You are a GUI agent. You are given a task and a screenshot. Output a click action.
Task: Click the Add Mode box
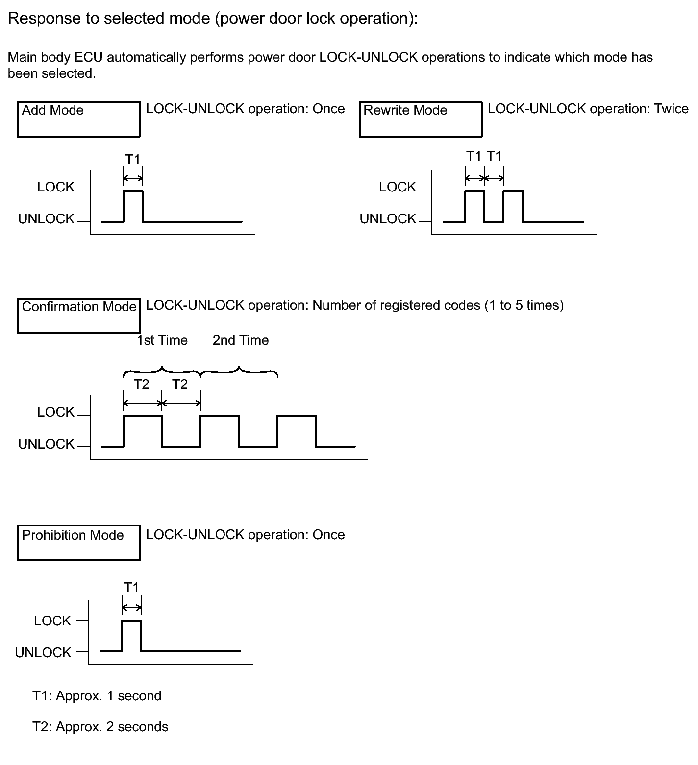[x=78, y=119]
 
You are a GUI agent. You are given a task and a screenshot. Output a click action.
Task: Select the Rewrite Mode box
[x=420, y=119]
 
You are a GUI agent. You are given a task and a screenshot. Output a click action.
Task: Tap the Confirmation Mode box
[x=78, y=315]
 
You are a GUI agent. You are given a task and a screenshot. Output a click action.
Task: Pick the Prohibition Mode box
[x=78, y=542]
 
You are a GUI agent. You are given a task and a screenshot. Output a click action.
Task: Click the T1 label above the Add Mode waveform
[x=133, y=160]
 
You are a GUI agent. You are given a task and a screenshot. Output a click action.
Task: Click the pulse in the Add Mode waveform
[x=133, y=206]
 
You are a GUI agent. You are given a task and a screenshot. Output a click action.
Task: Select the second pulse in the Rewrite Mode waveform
[x=513, y=206]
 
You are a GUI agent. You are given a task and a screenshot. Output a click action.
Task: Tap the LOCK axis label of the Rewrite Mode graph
[x=398, y=187]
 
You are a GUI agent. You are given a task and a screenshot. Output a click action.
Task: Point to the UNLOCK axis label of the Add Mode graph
[x=46, y=219]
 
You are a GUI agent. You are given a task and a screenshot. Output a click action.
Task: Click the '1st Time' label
[x=162, y=340]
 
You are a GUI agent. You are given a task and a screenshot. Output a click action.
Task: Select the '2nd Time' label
[x=241, y=340]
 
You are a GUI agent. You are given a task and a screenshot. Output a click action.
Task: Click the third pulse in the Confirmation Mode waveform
[x=297, y=431]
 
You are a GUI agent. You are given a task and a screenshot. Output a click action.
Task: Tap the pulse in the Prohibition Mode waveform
[x=131, y=635]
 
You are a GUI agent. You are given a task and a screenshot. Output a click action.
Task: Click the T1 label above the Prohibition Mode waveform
[x=131, y=587]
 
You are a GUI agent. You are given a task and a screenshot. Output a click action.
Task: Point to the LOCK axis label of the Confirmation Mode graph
[x=56, y=412]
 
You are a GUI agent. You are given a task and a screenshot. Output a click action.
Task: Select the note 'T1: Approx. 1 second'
[x=97, y=696]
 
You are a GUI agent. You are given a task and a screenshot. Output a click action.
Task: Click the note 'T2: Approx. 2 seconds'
[x=100, y=727]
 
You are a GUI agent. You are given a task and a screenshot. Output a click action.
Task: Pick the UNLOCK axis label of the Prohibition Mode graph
[x=43, y=652]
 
